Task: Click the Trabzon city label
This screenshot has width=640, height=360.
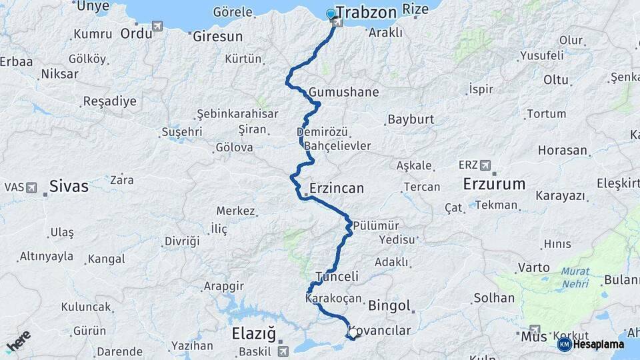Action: pos(367,13)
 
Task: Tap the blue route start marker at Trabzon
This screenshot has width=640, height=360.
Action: pos(331,14)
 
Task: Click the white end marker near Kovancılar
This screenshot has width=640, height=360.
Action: pos(353,332)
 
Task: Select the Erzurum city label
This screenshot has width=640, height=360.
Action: pos(494,184)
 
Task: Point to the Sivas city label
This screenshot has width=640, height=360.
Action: pos(69,186)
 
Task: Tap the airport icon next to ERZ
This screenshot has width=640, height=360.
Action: pos(485,165)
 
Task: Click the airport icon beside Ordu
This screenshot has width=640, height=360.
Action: pos(157,26)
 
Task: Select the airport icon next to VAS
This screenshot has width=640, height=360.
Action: pos(31,187)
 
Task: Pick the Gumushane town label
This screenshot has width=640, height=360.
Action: pos(344,93)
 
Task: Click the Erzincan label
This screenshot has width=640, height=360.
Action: pos(337,189)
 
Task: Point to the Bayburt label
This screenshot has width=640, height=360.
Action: pos(411,120)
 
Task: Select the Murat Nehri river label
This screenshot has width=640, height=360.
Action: pos(575,277)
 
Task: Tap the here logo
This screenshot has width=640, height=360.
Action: pos(18,341)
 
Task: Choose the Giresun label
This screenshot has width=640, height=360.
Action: pos(217,37)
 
